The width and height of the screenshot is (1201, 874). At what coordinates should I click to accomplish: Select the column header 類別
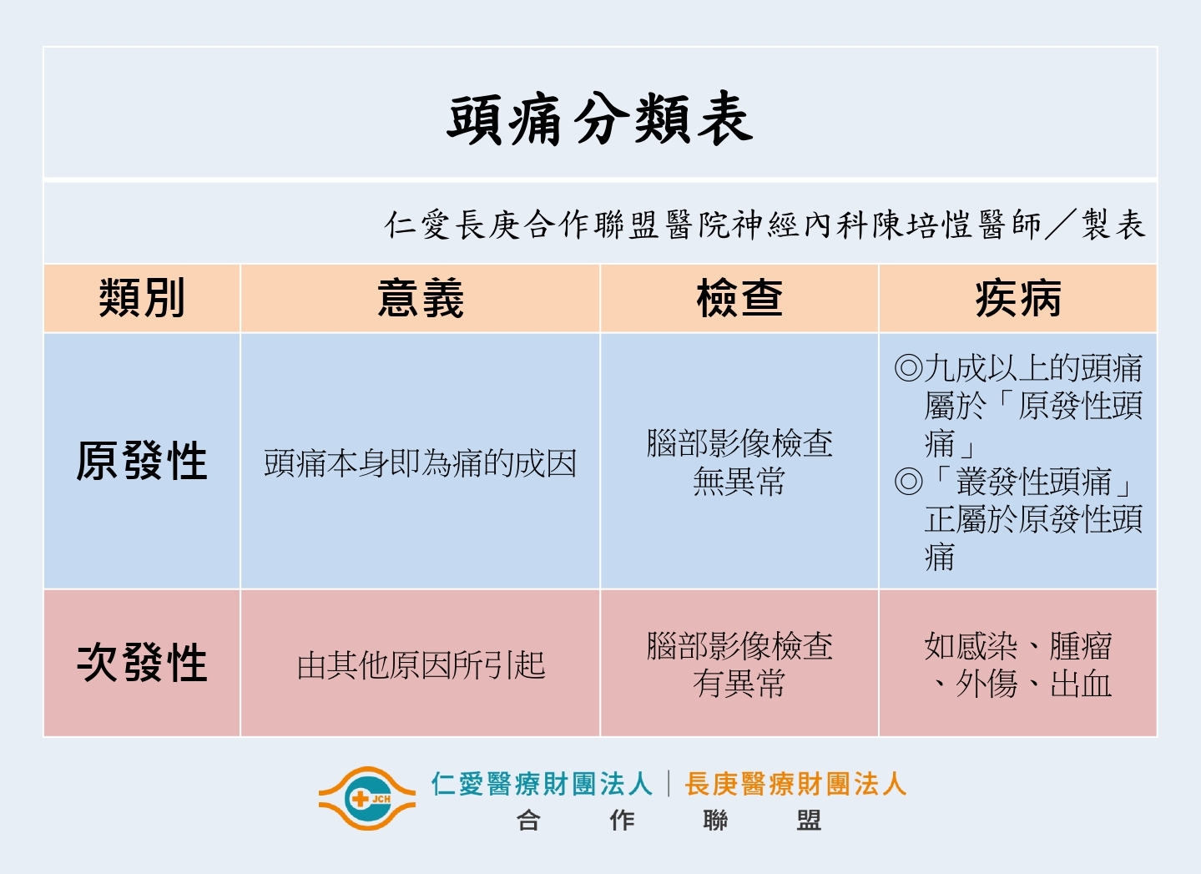pyautogui.click(x=142, y=298)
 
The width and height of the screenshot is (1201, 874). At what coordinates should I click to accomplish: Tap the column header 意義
pyautogui.click(x=421, y=298)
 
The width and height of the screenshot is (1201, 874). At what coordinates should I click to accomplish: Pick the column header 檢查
pyautogui.click(x=739, y=298)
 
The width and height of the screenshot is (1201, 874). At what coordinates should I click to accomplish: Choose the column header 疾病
pyautogui.click(x=1018, y=298)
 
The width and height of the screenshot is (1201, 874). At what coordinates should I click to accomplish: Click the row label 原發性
pyautogui.click(x=142, y=461)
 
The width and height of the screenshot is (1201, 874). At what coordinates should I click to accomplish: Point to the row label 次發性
pyautogui.click(x=142, y=663)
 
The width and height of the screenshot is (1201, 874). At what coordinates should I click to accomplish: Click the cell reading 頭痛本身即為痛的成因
pyautogui.click(x=420, y=462)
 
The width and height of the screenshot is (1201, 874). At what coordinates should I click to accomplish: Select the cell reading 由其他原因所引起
pyautogui.click(x=421, y=665)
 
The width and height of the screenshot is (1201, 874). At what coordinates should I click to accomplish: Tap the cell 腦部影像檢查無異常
pyautogui.click(x=739, y=462)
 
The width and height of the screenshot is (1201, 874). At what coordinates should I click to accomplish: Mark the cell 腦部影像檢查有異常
pyautogui.click(x=739, y=664)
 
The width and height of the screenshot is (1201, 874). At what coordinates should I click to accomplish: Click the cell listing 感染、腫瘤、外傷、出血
pyautogui.click(x=1017, y=664)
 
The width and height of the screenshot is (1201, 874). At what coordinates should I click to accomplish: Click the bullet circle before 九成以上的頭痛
pyautogui.click(x=908, y=368)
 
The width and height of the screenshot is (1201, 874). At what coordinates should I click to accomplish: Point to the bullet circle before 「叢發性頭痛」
pyautogui.click(x=908, y=481)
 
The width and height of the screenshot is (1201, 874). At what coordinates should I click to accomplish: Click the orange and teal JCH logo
pyautogui.click(x=366, y=799)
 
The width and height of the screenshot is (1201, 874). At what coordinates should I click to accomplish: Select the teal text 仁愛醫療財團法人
pyautogui.click(x=542, y=784)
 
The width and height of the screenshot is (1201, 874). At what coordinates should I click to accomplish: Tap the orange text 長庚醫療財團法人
pyautogui.click(x=795, y=784)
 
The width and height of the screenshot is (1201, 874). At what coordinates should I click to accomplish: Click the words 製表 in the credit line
pyautogui.click(x=1113, y=224)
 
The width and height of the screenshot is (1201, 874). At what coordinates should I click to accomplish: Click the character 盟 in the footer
pyautogui.click(x=809, y=821)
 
